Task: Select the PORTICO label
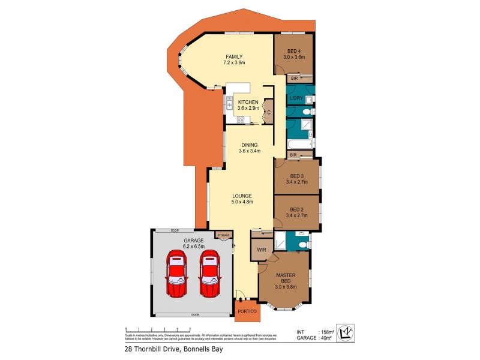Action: tap(247, 311)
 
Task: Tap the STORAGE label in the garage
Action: tap(223, 235)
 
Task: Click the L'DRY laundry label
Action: tap(295, 98)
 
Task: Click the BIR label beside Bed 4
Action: tap(294, 79)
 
